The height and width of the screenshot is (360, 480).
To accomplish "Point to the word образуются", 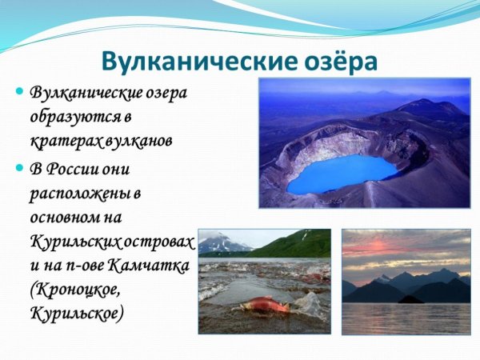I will [x=70, y=117].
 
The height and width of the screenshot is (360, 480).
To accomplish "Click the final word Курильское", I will [x=76, y=313].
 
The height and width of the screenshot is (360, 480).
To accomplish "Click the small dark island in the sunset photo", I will [x=410, y=299].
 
